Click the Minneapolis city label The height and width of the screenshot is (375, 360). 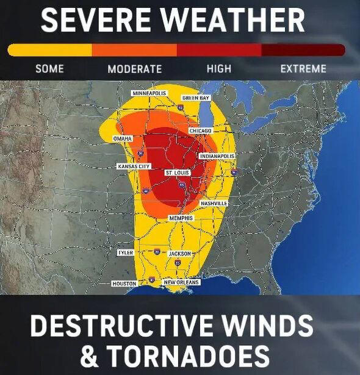pyautogui.click(x=149, y=93)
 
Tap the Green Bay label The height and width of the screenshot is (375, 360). pyautogui.click(x=195, y=98)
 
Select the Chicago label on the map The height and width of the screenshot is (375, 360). pyautogui.click(x=200, y=130)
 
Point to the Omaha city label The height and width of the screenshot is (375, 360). pyautogui.click(x=123, y=139)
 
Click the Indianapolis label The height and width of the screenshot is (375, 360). pyautogui.click(x=217, y=157)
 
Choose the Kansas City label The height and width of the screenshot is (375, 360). pyautogui.click(x=134, y=166)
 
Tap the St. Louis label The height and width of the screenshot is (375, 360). pyautogui.click(x=178, y=173)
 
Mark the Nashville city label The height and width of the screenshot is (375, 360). pyautogui.click(x=214, y=203)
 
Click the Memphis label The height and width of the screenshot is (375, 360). pyautogui.click(x=181, y=218)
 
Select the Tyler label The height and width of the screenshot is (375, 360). pyautogui.click(x=125, y=252)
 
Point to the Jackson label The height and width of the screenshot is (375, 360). pyautogui.click(x=180, y=253)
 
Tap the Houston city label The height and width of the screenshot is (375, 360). pyautogui.click(x=124, y=284)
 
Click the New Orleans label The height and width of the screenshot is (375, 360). pyautogui.click(x=182, y=282)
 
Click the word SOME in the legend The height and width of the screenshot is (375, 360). pyautogui.click(x=49, y=68)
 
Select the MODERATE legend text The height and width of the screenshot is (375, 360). pyautogui.click(x=135, y=68)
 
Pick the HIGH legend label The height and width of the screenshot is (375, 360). pyautogui.click(x=219, y=68)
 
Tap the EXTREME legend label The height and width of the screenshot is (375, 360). pyautogui.click(x=303, y=68)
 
